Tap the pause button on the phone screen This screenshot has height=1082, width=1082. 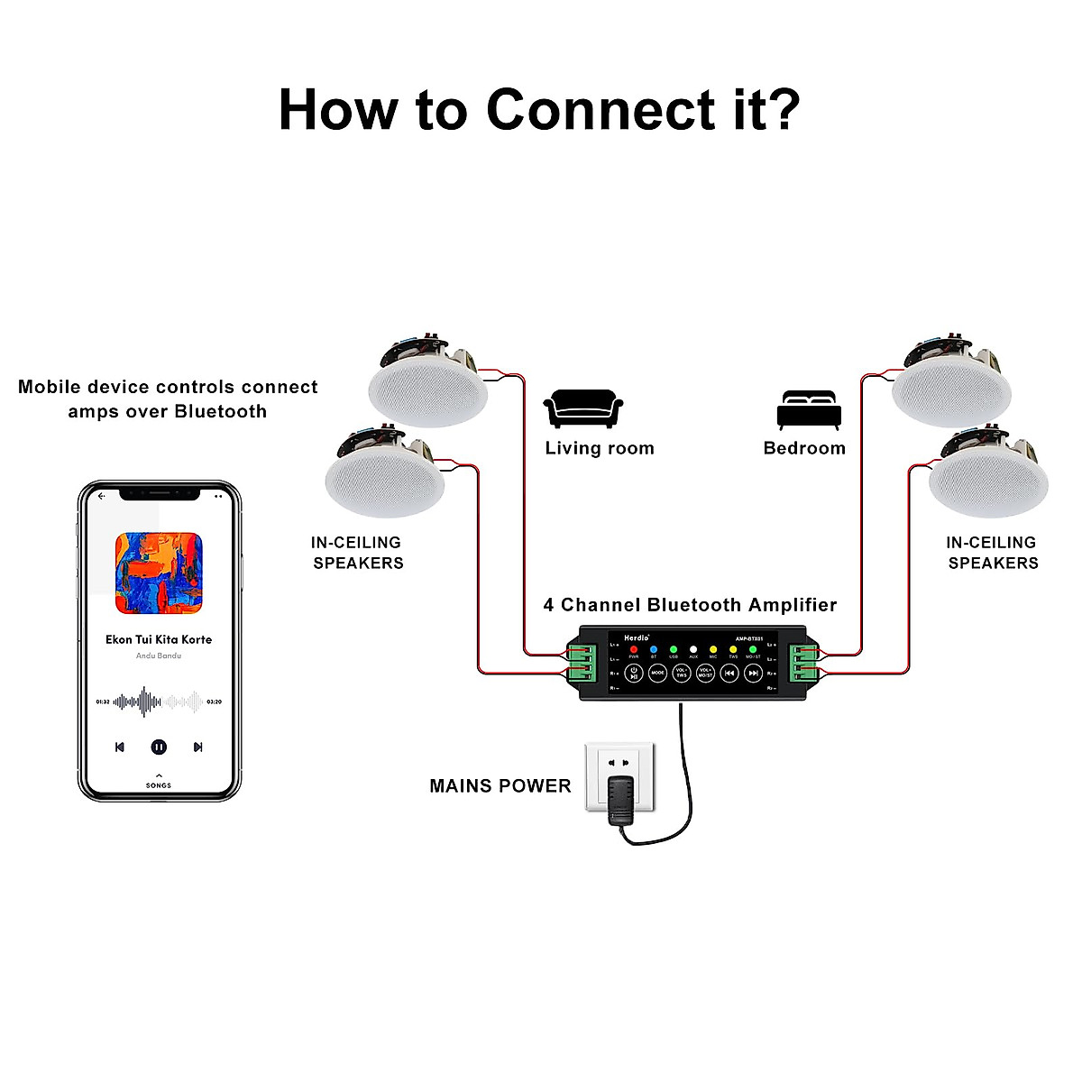point(159,747)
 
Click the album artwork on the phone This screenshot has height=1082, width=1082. point(159,573)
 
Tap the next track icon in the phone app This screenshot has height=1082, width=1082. point(198,747)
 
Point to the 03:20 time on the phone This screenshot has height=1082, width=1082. point(215,701)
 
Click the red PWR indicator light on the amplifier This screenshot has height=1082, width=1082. point(634,649)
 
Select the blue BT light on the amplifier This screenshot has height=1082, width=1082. point(654,649)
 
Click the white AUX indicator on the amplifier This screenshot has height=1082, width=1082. point(693,649)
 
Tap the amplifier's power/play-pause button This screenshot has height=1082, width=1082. point(634,673)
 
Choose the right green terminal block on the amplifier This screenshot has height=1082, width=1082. point(803,665)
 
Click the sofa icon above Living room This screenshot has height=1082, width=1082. point(583,409)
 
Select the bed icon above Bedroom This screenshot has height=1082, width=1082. point(809,410)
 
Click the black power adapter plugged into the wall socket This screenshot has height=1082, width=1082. point(619,800)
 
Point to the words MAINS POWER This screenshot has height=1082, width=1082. point(500,786)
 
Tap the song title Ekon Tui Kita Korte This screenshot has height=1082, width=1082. point(159,639)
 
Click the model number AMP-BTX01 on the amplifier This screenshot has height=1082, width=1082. point(749,638)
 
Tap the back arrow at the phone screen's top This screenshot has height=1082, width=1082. point(102,496)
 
